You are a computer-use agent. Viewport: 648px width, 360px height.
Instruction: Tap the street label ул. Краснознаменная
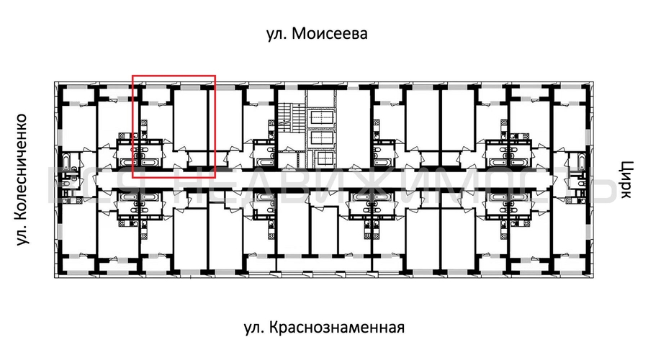(x=323, y=328)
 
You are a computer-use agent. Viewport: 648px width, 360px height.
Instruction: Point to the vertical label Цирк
(x=624, y=179)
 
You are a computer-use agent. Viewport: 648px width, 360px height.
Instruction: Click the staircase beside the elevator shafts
(x=290, y=118)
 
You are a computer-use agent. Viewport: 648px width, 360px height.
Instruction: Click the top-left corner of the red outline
(x=133, y=75)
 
